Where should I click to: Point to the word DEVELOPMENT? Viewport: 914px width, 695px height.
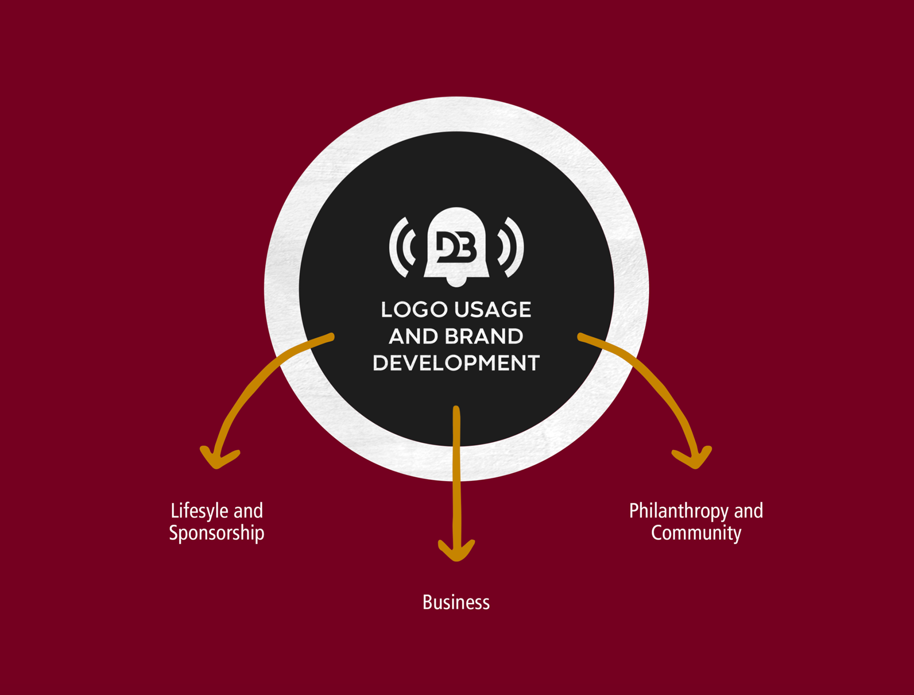click(456, 363)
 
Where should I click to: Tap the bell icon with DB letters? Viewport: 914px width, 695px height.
click(457, 245)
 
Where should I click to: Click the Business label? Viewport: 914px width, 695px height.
click(456, 603)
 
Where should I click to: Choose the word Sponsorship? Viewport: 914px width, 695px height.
click(217, 533)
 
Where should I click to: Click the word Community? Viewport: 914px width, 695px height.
click(696, 533)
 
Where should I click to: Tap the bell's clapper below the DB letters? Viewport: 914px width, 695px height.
click(456, 283)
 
